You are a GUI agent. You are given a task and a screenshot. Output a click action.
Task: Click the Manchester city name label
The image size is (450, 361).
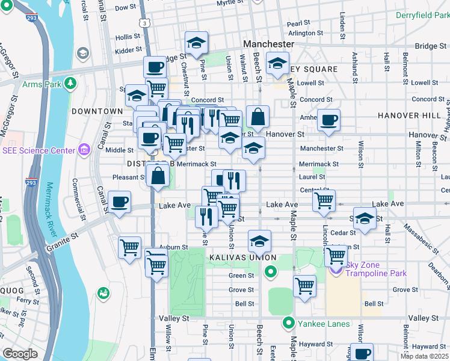268,45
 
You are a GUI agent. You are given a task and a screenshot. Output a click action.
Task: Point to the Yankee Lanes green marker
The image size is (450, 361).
290,324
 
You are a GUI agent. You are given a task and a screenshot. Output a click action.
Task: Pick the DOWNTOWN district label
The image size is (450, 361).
97,111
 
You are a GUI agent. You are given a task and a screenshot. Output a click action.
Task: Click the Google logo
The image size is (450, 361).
20,354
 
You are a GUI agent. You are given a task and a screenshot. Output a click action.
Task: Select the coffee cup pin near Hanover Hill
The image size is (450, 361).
328,120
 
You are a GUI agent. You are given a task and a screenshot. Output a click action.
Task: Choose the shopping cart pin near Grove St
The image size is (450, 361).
305,285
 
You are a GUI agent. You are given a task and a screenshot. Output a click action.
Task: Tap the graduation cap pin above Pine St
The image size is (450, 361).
196,42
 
